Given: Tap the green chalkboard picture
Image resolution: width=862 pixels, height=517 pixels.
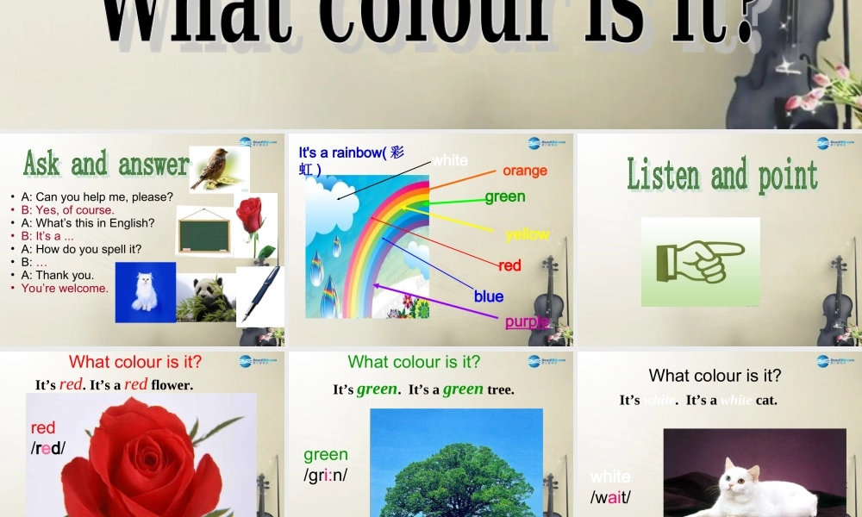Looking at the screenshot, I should [x=203, y=233].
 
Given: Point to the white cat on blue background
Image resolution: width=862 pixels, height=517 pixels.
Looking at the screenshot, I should [x=145, y=292].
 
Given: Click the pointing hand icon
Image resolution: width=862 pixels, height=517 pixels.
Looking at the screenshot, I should [x=700, y=261].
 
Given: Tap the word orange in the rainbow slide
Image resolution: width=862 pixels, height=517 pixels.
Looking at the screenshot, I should [x=525, y=171].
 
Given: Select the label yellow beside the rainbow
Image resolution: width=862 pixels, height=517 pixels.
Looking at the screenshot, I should [x=527, y=234].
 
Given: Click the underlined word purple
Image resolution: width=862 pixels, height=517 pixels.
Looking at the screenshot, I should [x=527, y=322].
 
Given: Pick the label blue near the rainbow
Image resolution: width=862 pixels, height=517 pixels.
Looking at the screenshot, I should [x=489, y=296].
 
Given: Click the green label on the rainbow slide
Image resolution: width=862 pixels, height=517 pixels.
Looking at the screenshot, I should [x=505, y=196].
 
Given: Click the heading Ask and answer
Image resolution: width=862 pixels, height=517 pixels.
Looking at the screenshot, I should [x=105, y=163].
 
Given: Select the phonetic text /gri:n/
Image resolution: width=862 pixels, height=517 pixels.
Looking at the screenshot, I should [x=325, y=476].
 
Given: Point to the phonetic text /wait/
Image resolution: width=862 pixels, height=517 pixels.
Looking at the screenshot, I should [x=610, y=497].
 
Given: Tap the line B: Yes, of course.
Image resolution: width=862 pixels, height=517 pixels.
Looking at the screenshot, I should [x=67, y=209].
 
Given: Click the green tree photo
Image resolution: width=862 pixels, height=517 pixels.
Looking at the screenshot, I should [x=456, y=470].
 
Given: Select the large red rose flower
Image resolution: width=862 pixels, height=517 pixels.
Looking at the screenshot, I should [x=142, y=461].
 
